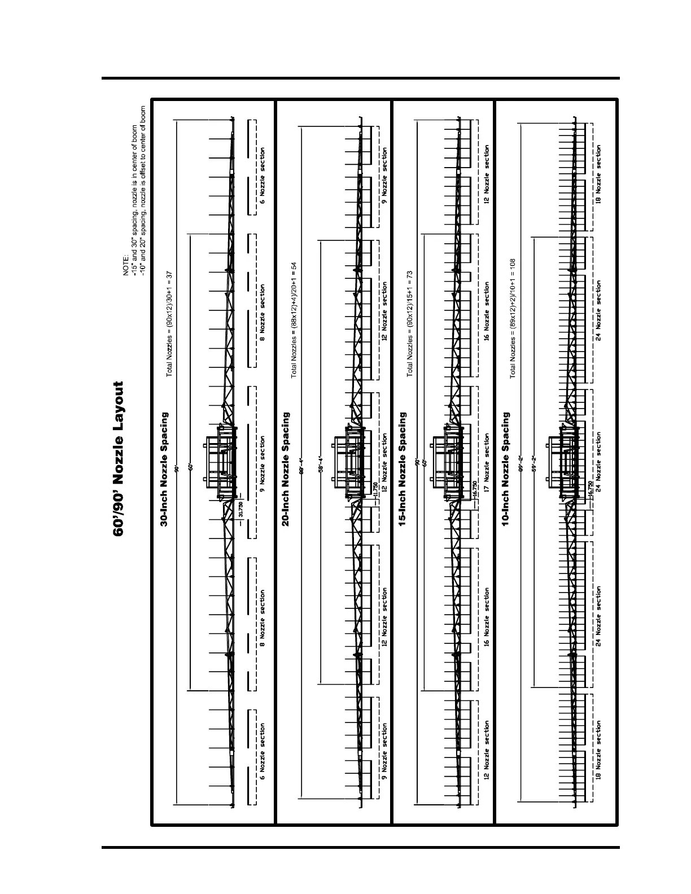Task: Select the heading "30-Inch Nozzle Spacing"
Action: pos(164,470)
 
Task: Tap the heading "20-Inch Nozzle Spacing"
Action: pos(286,470)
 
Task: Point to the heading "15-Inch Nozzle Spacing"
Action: pos(403,470)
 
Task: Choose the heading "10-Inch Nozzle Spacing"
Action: pos(506,470)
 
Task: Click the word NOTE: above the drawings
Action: pos(127,265)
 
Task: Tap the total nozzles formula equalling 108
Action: pos(513,319)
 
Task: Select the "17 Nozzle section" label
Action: pos(487,463)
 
